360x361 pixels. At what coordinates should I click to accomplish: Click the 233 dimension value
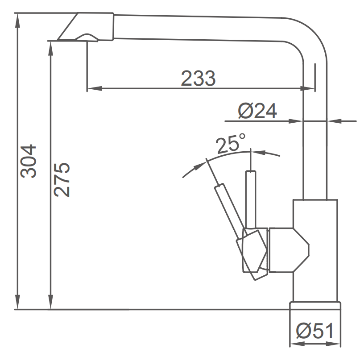pos(198,79)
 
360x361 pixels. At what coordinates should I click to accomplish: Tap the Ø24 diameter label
pos(257,111)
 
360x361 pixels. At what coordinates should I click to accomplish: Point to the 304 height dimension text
pos(29,161)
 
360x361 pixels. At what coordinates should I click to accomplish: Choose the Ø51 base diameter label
pos(315,332)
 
